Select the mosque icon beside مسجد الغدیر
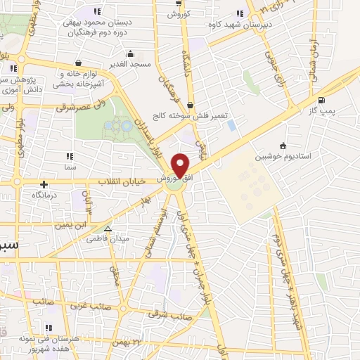point(129,53)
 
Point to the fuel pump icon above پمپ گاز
point(321,100)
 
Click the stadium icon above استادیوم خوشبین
point(283,146)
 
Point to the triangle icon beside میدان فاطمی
point(108,229)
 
